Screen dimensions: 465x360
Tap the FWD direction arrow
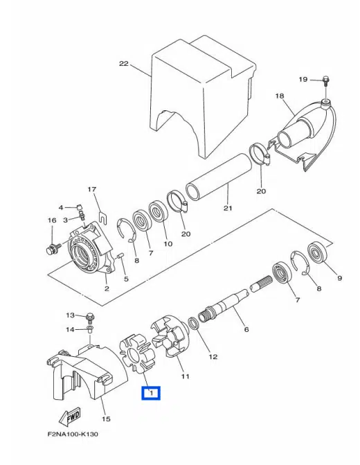pos(69,416)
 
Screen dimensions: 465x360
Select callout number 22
pos(124,64)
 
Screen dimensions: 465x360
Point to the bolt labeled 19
pos(325,82)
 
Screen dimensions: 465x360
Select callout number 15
pos(106,419)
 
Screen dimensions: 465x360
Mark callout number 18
pos(280,96)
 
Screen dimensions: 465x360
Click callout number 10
pos(167,243)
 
